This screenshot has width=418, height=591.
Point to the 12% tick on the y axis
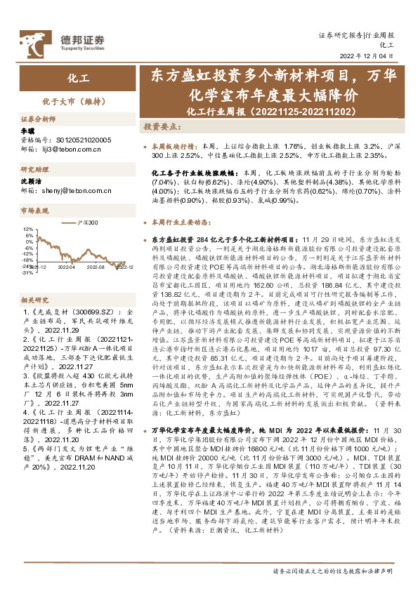pyautogui.click(x=27, y=230)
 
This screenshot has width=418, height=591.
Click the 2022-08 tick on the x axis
pyautogui.click(x=96, y=267)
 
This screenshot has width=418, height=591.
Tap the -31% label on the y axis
pyautogui.click(x=27, y=273)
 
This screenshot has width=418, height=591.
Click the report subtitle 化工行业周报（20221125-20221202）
pyautogui.click(x=268, y=112)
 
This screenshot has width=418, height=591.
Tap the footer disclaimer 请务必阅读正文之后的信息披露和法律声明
pyautogui.click(x=332, y=571)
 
